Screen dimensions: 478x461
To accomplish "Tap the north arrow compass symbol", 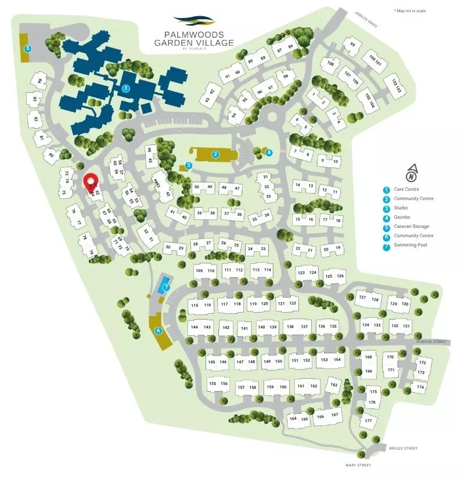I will (411, 173).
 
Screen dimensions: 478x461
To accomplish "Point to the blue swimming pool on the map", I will (161, 284).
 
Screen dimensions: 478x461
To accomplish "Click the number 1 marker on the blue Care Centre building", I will (125, 88).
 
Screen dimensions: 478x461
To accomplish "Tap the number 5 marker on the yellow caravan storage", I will (27, 49).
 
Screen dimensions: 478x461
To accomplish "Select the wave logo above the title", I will (194, 21).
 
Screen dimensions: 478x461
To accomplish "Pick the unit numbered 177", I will (368, 420).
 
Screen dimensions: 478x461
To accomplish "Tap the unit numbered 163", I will (333, 385).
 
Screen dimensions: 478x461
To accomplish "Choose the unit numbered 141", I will (244, 328).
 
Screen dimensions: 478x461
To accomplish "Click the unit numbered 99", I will (352, 45).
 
